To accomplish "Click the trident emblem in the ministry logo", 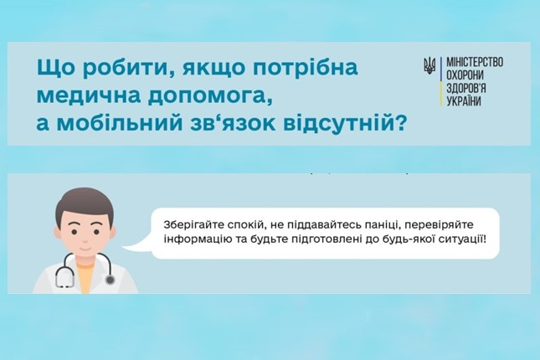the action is point(429,65).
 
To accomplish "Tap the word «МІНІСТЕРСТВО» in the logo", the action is point(475,62).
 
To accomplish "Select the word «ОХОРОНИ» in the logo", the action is point(465,75).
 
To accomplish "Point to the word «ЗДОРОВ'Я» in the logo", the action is point(466,88).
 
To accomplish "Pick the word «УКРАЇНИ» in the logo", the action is point(464,101).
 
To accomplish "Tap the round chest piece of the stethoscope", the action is point(110,280).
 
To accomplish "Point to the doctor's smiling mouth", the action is point(84,247).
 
